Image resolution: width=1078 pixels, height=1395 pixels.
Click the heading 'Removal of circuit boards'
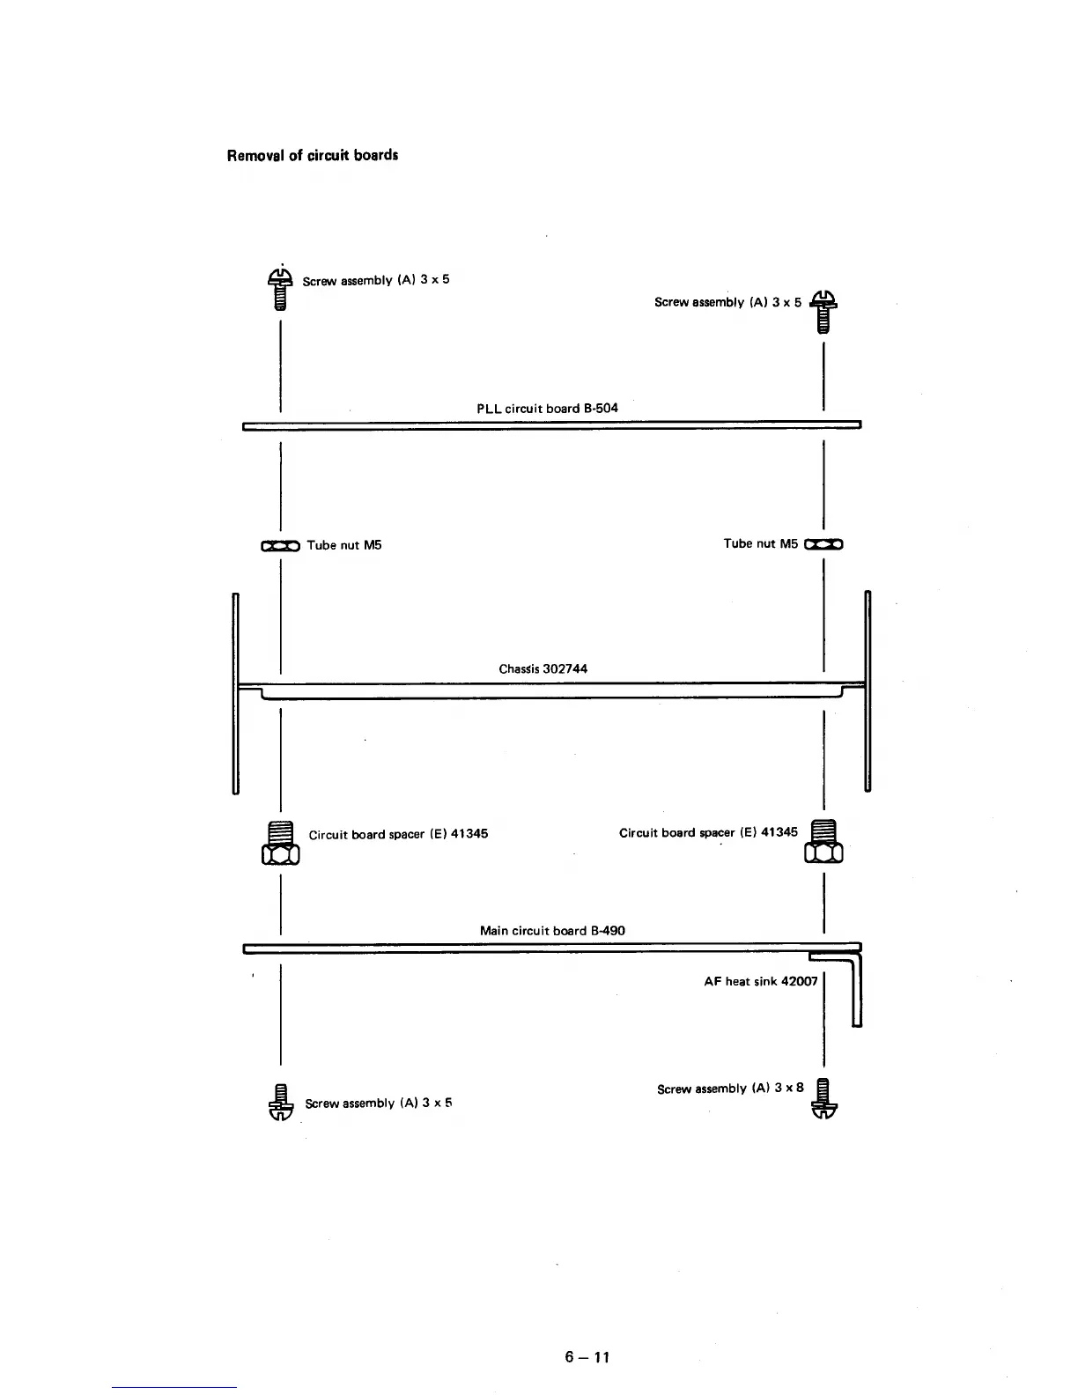pyautogui.click(x=313, y=156)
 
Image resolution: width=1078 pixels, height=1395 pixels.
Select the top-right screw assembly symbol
pyautogui.click(x=823, y=311)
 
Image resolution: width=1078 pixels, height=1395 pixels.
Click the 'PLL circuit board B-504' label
pyautogui.click(x=547, y=408)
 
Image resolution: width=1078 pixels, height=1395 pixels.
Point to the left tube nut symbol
pyautogui.click(x=280, y=546)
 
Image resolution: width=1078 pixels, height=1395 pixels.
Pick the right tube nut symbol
pyautogui.click(x=823, y=544)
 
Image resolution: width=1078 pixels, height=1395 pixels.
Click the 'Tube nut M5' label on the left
pyautogui.click(x=343, y=545)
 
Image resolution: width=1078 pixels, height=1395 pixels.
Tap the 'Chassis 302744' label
pyautogui.click(x=543, y=668)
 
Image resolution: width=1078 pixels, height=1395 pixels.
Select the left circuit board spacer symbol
pyautogui.click(x=280, y=843)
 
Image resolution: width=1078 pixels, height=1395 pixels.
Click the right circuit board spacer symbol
pyautogui.click(x=823, y=841)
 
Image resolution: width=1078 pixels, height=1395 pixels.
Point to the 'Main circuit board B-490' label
pyautogui.click(x=552, y=930)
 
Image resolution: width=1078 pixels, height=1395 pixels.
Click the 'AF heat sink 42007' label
pyautogui.click(x=760, y=981)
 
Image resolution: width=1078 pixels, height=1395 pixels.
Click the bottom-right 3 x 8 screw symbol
pyautogui.click(x=823, y=1098)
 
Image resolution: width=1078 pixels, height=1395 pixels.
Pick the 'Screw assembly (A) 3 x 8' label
pyautogui.click(x=730, y=1089)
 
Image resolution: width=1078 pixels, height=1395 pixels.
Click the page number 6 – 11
pyautogui.click(x=587, y=1356)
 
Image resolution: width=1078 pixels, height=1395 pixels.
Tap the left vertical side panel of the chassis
pyautogui.click(x=236, y=694)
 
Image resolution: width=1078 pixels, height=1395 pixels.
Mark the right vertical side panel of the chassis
pyautogui.click(x=868, y=691)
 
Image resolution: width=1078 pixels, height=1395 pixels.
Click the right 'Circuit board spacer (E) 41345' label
pyautogui.click(x=708, y=832)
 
